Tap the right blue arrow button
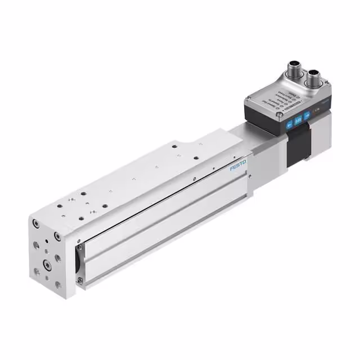point(307,116)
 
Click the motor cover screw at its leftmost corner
point(247,101)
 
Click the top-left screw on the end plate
point(36,223)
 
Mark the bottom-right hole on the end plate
point(58,285)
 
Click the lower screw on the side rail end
point(80,280)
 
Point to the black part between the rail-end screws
point(78,263)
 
